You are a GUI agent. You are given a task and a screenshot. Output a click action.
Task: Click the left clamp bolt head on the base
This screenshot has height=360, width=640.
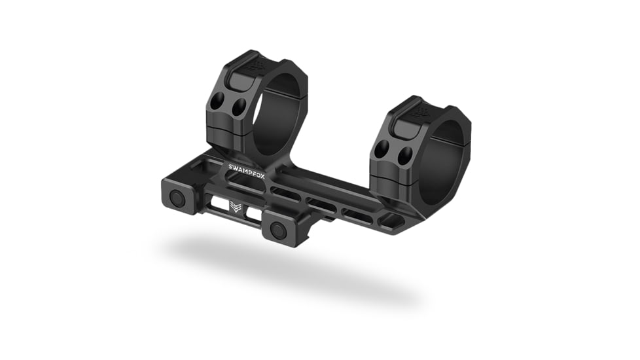[x=177, y=198]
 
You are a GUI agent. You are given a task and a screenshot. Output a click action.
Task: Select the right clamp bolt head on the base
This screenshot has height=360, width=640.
[x=278, y=230]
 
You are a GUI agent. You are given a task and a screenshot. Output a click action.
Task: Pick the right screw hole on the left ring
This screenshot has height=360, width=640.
[x=240, y=106]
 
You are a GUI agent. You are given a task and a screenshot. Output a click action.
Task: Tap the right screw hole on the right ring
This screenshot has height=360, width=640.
[x=405, y=155]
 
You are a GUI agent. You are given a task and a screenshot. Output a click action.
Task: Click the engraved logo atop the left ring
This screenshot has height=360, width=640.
[x=257, y=65]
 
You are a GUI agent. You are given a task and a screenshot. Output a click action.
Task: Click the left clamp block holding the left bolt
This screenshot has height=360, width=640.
[x=178, y=195]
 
